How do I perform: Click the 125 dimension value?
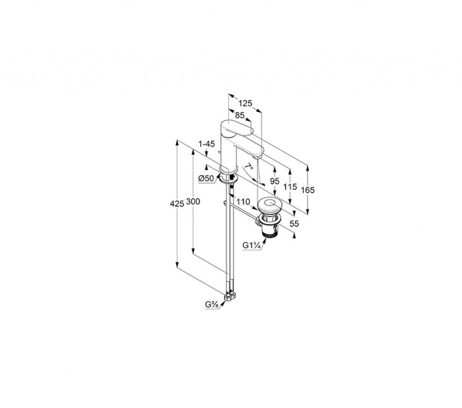(x=245, y=103)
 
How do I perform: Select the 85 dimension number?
(x=240, y=115)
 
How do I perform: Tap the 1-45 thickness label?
(x=207, y=144)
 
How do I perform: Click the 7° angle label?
(x=249, y=167)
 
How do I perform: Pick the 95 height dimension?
(x=274, y=181)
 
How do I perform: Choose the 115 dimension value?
(x=290, y=186)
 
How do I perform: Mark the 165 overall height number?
(x=308, y=190)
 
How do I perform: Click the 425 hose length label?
(x=177, y=203)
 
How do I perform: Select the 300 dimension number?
(x=193, y=202)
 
